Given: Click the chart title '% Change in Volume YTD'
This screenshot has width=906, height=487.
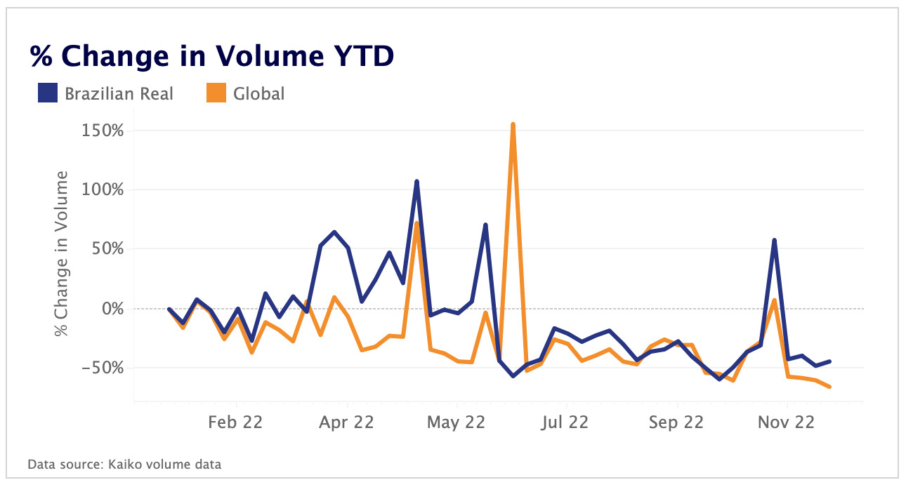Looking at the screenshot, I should (x=211, y=56).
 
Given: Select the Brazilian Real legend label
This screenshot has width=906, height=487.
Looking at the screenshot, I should (x=119, y=93).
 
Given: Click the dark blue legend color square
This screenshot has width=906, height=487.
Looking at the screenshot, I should (x=48, y=93).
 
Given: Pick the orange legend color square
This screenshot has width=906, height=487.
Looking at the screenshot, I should (x=216, y=93).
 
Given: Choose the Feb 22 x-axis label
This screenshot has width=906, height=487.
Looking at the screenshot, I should (x=237, y=422).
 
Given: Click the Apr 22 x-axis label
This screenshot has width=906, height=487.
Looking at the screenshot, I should (x=347, y=422).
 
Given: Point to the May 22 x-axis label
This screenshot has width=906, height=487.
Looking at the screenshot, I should (x=457, y=422).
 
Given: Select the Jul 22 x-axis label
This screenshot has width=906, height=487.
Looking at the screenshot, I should (x=565, y=422).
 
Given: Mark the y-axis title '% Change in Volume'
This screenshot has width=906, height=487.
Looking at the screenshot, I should (x=63, y=253).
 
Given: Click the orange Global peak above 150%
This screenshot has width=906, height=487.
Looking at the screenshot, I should (x=513, y=125).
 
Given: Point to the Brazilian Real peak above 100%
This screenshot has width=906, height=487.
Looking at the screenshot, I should (x=416, y=182).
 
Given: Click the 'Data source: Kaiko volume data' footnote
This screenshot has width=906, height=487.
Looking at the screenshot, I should (x=124, y=464).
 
